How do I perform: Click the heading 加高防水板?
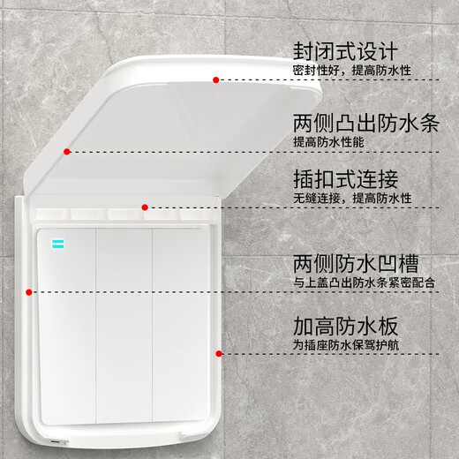[347, 325]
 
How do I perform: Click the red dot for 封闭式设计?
[216, 80]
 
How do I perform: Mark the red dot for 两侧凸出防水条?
[67, 152]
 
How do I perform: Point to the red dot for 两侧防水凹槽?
[29, 290]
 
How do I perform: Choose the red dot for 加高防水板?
[218, 352]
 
